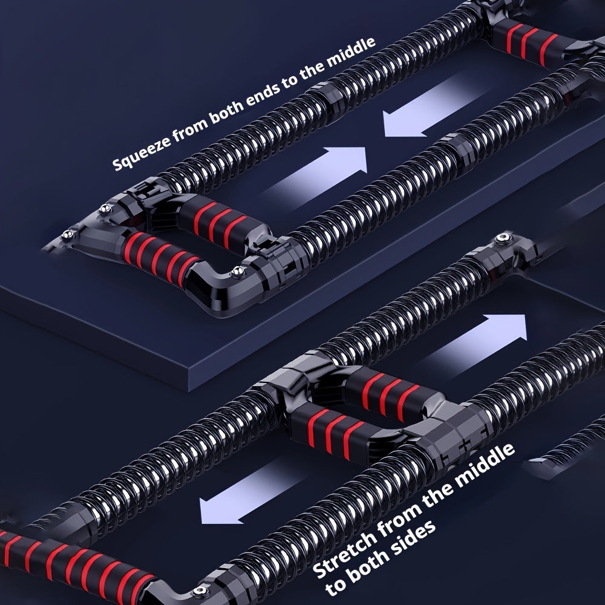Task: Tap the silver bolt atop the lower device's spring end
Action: pyautogui.click(x=502, y=240)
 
